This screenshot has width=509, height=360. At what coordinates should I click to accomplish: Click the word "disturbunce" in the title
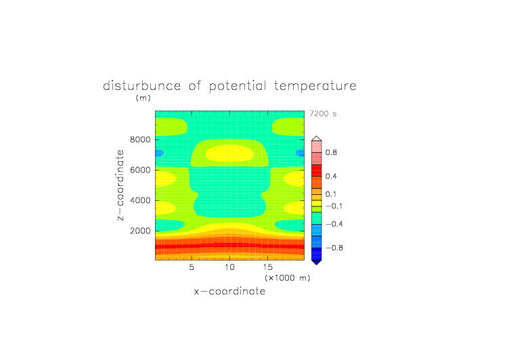click(142, 86)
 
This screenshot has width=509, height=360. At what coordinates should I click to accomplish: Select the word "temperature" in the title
click(315, 86)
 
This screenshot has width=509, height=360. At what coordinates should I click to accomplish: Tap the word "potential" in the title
click(238, 86)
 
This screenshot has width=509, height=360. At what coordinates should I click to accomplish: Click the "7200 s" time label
click(323, 114)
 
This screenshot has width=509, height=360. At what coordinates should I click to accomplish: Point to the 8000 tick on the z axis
click(140, 139)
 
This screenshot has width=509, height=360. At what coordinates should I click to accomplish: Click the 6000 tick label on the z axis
click(140, 170)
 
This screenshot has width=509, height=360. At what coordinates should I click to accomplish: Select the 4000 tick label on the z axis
click(140, 200)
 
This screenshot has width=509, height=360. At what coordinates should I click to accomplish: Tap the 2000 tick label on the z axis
click(140, 231)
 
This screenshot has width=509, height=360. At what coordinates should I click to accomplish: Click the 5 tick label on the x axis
click(192, 267)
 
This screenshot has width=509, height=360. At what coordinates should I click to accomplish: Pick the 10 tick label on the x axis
click(230, 267)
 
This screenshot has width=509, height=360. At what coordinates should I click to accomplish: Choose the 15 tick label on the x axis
click(268, 267)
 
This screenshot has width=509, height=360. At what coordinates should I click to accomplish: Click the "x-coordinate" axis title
click(230, 291)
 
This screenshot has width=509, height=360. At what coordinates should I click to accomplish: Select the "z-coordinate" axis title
click(120, 185)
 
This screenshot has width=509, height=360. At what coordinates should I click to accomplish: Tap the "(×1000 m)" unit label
click(288, 278)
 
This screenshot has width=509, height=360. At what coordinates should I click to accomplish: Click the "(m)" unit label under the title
click(143, 97)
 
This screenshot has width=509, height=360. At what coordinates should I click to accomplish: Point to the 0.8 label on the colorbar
click(331, 152)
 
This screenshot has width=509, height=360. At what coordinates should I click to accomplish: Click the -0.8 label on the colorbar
click(334, 248)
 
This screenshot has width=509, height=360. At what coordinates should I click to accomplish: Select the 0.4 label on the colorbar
click(331, 176)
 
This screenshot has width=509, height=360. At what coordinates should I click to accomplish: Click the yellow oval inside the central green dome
click(230, 153)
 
